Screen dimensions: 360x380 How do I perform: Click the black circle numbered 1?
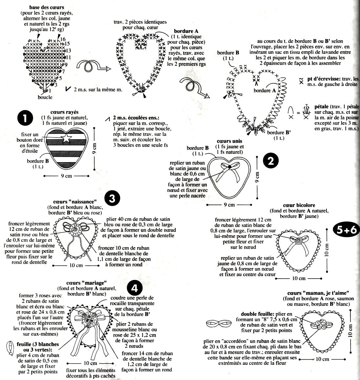25,118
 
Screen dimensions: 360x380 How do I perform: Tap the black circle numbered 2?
271,161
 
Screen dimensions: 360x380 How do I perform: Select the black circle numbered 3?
112,199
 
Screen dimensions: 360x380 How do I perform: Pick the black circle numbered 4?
134,289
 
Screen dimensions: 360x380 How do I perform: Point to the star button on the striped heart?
66,139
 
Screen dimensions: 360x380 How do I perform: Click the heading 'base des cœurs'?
47,8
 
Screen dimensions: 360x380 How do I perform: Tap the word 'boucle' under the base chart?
45,97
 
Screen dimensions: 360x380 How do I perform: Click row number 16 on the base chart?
63,39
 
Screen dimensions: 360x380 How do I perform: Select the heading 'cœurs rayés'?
64,112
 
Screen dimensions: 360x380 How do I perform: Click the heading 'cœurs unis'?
229,141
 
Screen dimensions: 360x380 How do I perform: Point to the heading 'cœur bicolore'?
299,205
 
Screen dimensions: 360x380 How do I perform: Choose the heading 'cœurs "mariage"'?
87,283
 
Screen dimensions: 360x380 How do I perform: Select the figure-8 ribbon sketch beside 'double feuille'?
219,323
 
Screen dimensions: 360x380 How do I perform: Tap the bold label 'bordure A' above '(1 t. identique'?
186,31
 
